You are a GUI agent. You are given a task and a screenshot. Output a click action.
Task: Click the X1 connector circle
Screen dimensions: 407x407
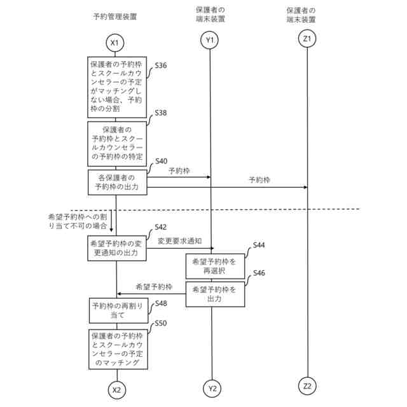[x=115, y=43]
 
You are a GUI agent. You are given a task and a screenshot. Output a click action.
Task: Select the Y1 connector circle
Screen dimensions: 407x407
[x=210, y=41]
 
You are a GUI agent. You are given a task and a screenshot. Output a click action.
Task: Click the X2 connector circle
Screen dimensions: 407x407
[x=116, y=389]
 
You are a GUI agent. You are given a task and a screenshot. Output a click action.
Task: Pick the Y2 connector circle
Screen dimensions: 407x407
[x=212, y=388]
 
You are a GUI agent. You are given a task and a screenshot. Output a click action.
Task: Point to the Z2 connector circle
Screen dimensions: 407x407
[x=307, y=385]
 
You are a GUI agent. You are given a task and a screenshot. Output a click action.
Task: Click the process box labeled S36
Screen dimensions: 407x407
[x=117, y=87]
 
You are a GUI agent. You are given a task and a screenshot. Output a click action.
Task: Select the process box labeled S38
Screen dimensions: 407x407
[x=117, y=143]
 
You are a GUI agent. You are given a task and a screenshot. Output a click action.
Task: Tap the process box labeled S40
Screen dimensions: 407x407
[x=117, y=182]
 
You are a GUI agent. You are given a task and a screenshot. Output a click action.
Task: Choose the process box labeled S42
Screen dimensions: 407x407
[x=117, y=249]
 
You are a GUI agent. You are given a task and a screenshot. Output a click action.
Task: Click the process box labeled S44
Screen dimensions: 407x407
[x=215, y=266]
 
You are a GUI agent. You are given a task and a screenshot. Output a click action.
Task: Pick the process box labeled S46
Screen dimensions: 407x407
[x=215, y=294]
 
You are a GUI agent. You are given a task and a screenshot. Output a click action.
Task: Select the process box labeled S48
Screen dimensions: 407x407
[x=117, y=310]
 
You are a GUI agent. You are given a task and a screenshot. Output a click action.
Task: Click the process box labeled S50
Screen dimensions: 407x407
[x=117, y=349]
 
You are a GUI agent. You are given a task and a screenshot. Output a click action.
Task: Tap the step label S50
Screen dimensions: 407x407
[x=161, y=324]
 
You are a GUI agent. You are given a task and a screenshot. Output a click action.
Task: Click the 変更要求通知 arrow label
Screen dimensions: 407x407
[x=179, y=241]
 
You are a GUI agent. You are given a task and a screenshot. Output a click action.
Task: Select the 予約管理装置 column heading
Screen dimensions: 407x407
[x=116, y=15]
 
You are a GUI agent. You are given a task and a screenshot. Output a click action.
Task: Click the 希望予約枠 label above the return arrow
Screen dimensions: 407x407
[x=155, y=287]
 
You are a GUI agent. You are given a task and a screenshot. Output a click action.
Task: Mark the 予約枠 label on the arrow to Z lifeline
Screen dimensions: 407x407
[x=259, y=181]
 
